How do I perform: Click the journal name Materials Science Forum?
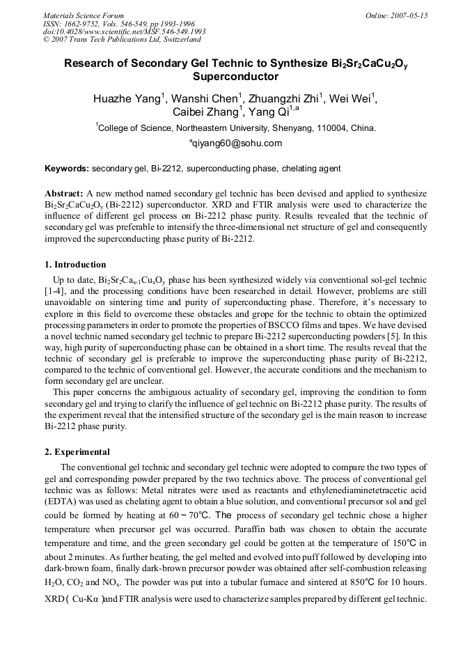pos(84,15)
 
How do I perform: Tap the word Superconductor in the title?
pos(235,77)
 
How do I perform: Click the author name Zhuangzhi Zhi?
pos(285,99)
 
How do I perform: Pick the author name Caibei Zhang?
pos(207,113)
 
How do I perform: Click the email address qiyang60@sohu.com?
pos(236,143)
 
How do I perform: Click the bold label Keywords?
pos(67,169)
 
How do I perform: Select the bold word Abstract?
pos(64,192)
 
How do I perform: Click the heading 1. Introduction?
pos(75,265)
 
